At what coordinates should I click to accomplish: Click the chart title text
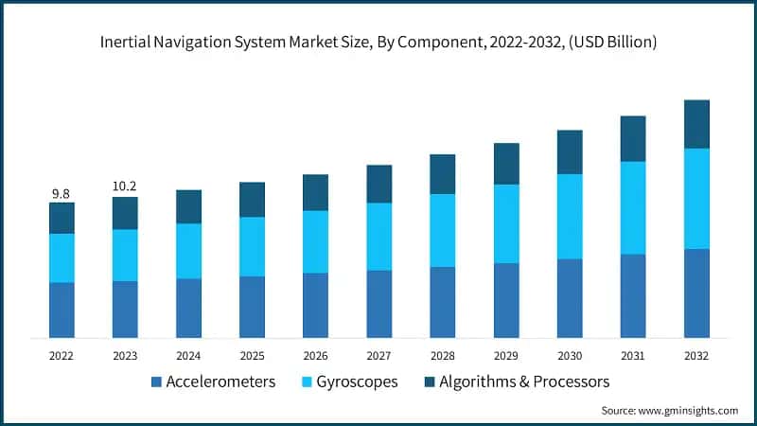coord(378,42)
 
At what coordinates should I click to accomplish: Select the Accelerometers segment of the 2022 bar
coord(62,310)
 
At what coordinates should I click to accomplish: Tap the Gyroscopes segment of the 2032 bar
coord(696,198)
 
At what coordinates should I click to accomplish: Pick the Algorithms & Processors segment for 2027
coord(379,184)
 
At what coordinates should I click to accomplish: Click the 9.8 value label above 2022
coord(62,193)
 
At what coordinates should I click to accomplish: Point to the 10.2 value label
coord(125,187)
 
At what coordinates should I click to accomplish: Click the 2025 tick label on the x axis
coord(252,355)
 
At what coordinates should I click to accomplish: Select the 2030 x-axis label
coord(570,355)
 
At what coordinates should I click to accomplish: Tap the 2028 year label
coord(443,355)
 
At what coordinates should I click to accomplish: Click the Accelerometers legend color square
coord(156,382)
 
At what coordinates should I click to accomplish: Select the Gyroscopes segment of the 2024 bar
coord(188,251)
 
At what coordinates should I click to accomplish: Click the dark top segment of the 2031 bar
coord(633,138)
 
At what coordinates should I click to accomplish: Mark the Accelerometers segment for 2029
coord(506,300)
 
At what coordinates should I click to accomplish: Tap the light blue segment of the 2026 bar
coord(315,241)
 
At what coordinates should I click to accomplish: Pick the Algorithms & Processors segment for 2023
coord(125,213)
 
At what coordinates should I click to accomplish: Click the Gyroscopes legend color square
coord(305,382)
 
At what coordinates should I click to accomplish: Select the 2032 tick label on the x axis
coord(696,355)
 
